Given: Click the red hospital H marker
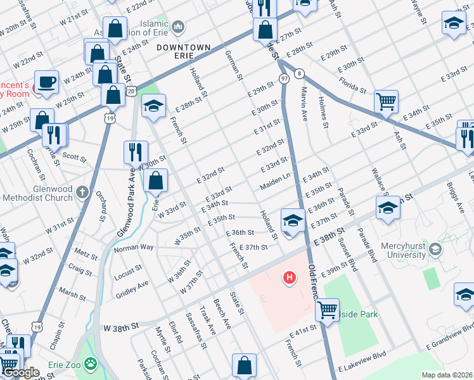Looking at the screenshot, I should click(290, 277).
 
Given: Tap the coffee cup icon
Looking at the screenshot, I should click(46, 82).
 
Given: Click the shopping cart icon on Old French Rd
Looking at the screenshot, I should click(327, 310).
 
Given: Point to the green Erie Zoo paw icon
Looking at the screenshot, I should click(91, 364).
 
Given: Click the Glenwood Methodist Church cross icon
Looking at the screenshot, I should click(82, 191).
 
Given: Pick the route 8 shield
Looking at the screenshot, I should click(298, 73).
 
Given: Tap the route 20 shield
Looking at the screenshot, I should click(131, 92).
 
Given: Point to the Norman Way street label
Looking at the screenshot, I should click(134, 247).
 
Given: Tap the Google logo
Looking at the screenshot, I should click(21, 373).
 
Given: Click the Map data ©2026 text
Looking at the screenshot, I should click(447, 375).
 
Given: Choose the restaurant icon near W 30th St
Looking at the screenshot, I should click(136, 151).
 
